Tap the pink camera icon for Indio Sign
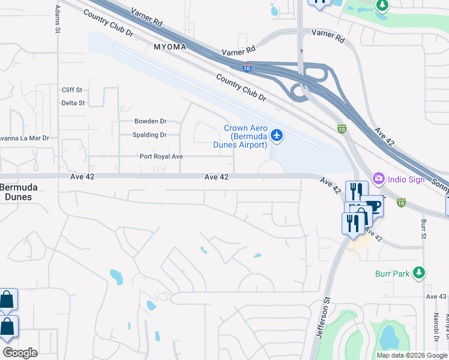point(379,178)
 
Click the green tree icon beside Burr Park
point(418,273)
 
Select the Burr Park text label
point(393,274)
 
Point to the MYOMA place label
point(170,46)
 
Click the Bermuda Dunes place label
point(19,192)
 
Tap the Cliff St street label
point(72,90)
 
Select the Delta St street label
point(73,103)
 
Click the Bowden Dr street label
point(150,121)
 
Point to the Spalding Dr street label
point(149,135)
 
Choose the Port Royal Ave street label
point(161,157)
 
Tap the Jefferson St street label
point(323,320)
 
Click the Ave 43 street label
point(436,296)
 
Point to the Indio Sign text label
point(407,179)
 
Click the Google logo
point(20,353)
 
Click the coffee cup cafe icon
point(372,206)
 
